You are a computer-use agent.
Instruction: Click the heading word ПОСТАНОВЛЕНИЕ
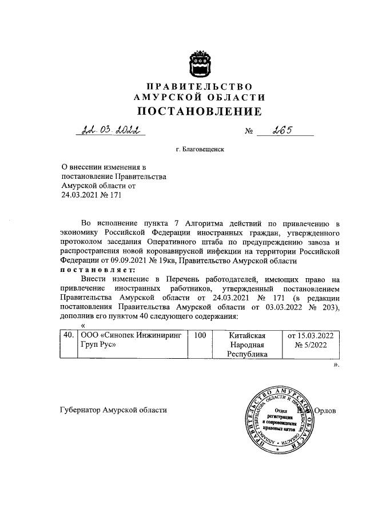[x=200, y=110]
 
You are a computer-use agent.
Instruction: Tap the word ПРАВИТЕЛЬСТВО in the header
[x=200, y=86]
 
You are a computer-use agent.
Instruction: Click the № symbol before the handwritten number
[x=249, y=132]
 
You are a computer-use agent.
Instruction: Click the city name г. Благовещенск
[x=200, y=150]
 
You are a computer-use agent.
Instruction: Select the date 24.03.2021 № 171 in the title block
[x=91, y=194]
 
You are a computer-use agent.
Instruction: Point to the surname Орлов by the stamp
[x=328, y=411]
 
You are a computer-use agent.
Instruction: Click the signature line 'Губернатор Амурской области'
[x=113, y=411]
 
